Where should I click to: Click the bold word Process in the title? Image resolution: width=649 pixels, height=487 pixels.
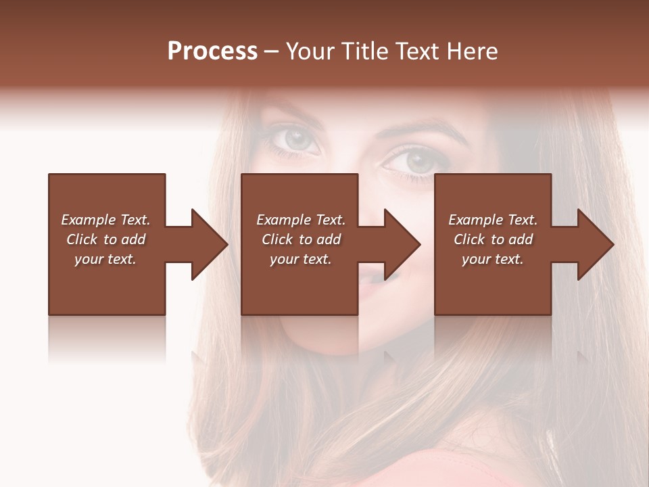(212, 51)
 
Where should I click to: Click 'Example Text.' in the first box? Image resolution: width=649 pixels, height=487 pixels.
(105, 220)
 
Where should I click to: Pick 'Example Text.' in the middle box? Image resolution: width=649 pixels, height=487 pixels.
(301, 220)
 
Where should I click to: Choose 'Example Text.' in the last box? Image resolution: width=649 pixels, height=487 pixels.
(493, 220)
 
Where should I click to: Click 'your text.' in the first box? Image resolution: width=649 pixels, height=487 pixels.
(105, 259)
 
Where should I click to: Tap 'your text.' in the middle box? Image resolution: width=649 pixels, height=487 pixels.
(301, 259)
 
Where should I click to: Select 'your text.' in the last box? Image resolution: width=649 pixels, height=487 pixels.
(493, 259)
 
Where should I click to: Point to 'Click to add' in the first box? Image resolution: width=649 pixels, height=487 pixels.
(105, 239)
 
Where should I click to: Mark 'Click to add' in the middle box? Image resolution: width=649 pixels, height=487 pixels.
(301, 239)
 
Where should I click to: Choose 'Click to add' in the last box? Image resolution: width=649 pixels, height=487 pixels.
(493, 239)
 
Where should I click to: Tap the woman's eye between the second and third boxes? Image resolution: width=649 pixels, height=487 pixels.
(414, 161)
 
